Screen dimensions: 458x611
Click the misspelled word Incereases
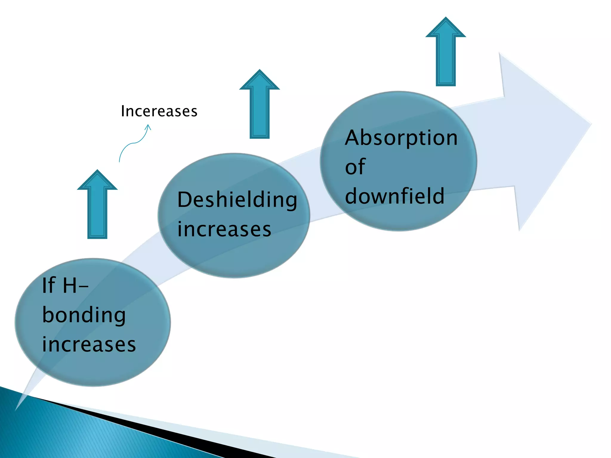159,111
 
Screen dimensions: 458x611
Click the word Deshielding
237,199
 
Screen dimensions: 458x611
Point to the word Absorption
401,138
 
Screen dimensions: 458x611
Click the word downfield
394,196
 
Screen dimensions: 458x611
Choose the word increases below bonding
89,344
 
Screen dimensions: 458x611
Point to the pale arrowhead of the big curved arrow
549,134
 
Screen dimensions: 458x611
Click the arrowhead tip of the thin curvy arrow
148,125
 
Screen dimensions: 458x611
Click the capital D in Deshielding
184,199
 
